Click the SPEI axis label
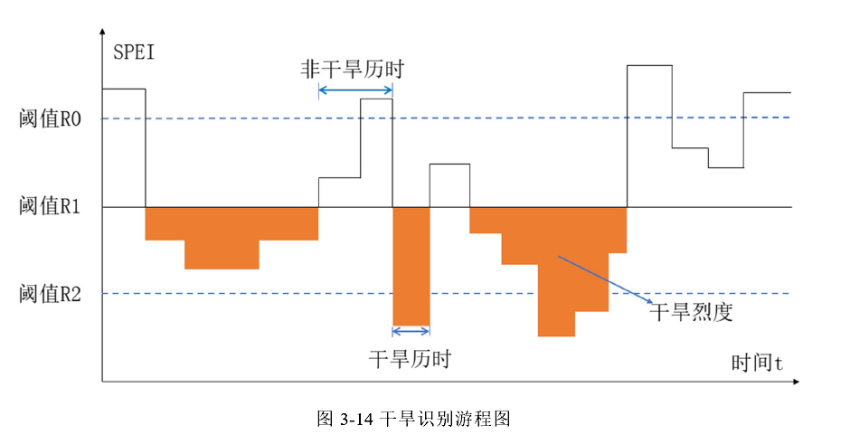click(x=134, y=51)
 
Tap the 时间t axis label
click(x=756, y=363)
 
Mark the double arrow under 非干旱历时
click(x=355, y=90)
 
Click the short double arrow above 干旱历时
click(x=411, y=331)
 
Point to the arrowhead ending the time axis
click(x=795, y=382)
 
